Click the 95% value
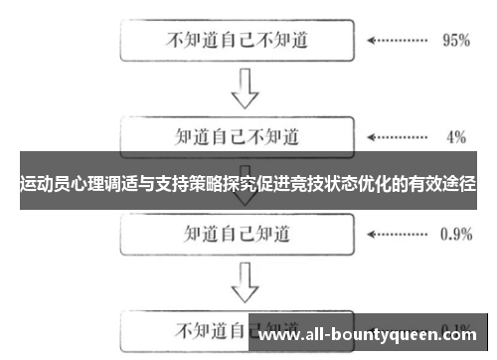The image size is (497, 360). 454,42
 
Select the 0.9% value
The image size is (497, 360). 454,235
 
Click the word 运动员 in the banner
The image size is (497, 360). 44,184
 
